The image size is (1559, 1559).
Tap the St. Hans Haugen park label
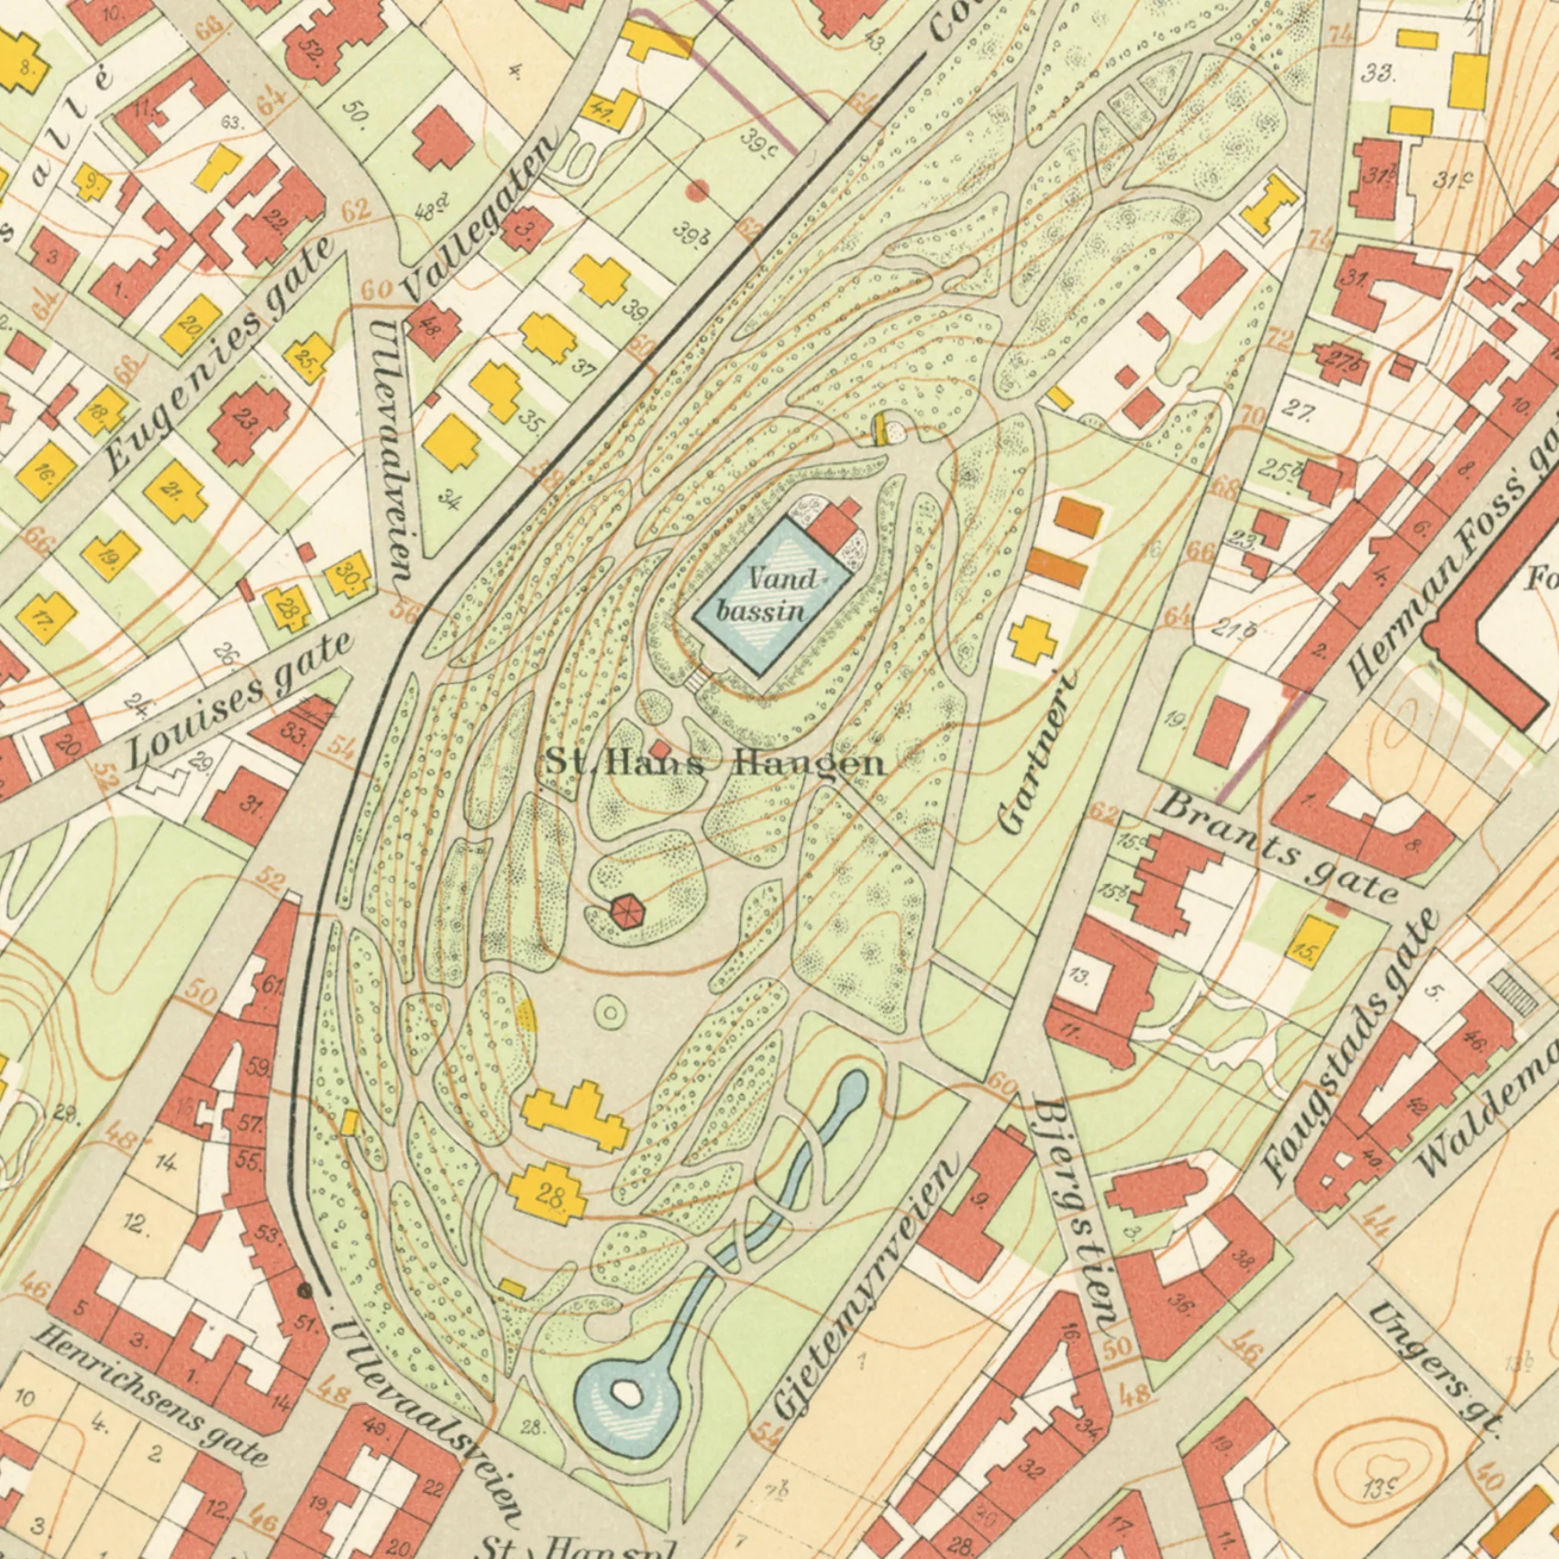pos(715,763)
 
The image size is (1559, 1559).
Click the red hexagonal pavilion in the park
pos(627,912)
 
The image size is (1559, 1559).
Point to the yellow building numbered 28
pos(548,1192)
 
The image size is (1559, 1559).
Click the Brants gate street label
pos(1279,849)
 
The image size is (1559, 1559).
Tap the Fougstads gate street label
pos(1348,1045)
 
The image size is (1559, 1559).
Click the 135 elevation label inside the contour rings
pos(1378,1488)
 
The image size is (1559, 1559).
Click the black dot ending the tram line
pos(305,1290)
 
